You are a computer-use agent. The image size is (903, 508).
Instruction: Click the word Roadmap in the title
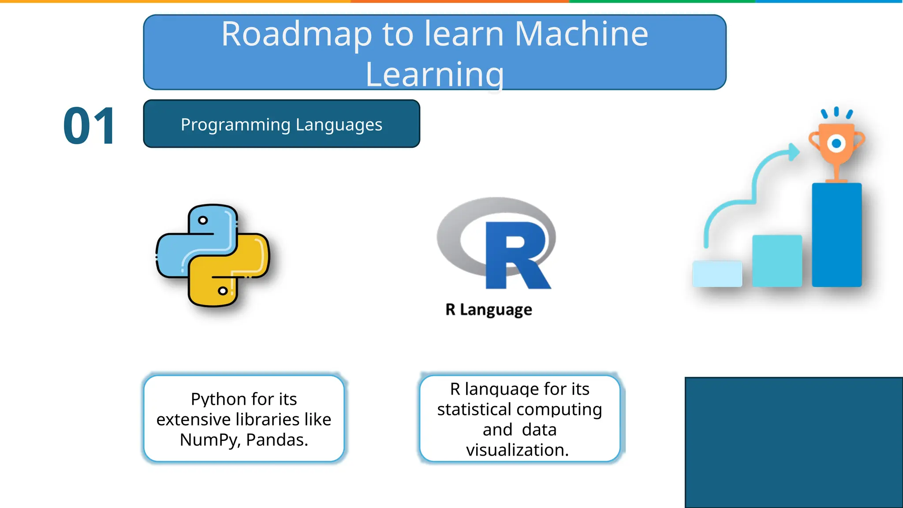click(x=297, y=35)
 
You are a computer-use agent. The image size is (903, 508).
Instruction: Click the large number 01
click(x=89, y=127)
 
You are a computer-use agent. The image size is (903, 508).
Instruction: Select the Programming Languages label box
click(x=281, y=124)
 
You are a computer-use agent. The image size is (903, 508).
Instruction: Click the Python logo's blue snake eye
click(x=203, y=220)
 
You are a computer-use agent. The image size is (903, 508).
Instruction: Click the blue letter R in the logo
click(x=516, y=256)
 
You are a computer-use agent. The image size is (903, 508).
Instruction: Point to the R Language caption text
click(x=489, y=310)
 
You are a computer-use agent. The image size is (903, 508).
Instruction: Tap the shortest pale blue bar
click(x=717, y=274)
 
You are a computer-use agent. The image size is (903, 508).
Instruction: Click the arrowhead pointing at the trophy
click(x=794, y=152)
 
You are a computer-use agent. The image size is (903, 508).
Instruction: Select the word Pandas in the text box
click(x=276, y=440)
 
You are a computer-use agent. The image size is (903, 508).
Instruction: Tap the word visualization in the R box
click(x=517, y=450)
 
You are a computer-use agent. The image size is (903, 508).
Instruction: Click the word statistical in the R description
click(x=474, y=410)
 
